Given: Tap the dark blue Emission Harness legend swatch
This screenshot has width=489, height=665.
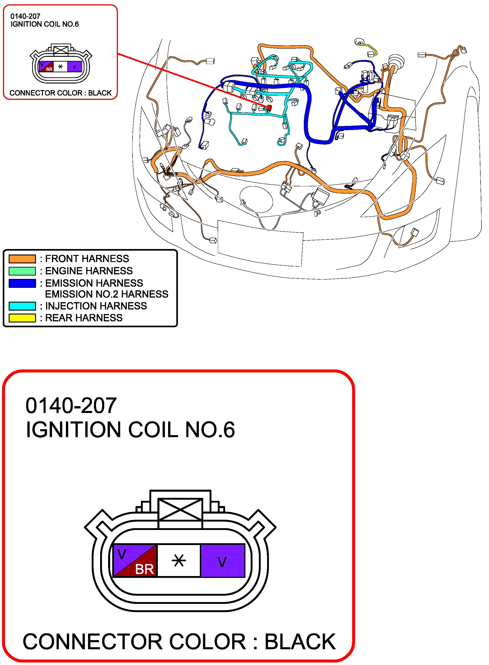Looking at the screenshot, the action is coord(22,283).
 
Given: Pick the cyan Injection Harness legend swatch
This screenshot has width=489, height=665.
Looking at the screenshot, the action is coord(22,306).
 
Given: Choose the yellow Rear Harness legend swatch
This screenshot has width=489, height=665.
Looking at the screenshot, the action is coord(22,318).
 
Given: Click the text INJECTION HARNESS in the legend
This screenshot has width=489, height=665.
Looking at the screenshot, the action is coord(96,306).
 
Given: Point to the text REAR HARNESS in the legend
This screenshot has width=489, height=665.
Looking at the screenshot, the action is coord(84,318).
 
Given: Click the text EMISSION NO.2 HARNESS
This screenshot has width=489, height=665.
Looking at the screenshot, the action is coord(107,294).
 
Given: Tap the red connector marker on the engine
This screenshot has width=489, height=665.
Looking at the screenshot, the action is coord(269,107).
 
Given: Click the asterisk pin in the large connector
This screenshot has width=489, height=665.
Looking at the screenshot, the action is coord(179,560).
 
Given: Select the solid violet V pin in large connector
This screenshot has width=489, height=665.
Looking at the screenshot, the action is coord(223,560).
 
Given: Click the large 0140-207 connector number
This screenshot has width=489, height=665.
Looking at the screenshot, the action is coord(71,405).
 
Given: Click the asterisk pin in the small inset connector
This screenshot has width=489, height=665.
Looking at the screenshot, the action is coord(60,67).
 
